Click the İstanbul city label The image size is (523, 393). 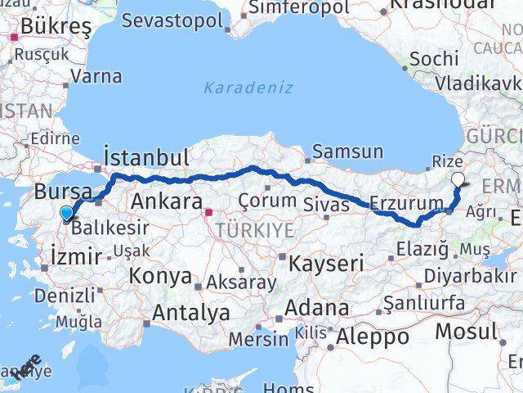[x=146, y=157]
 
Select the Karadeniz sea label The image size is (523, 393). [x=248, y=87]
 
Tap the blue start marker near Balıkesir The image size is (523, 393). [x=67, y=215]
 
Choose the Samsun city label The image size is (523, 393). [x=347, y=151]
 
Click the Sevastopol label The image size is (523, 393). [x=177, y=19]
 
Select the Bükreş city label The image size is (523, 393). [x=45, y=26]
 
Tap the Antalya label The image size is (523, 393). [x=190, y=312]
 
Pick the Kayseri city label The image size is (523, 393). [x=325, y=263]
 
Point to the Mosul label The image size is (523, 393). [x=465, y=331]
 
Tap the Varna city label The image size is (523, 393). [x=96, y=77]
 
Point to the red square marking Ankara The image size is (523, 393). [x=208, y=212]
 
